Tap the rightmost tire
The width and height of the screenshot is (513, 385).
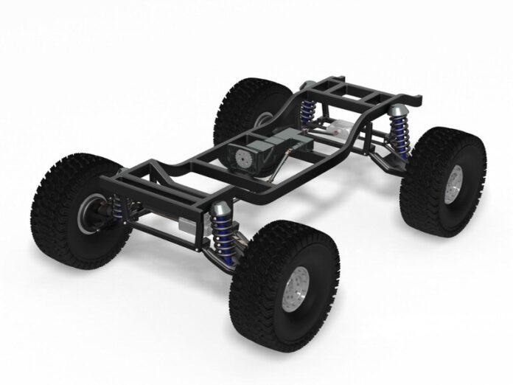tap(442, 181)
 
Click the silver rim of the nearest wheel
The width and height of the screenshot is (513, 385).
tap(299, 284)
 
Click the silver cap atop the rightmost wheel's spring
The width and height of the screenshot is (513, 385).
tap(399, 111)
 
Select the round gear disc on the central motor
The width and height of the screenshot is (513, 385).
tap(242, 159)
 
